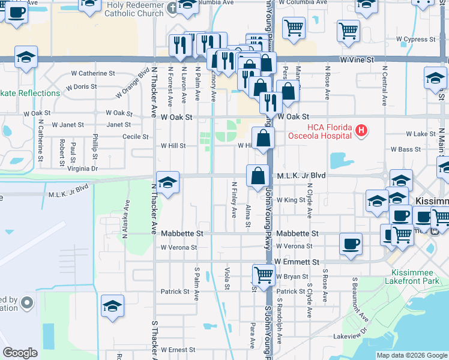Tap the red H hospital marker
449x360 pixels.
click(361, 130)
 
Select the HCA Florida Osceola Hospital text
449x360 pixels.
click(321, 130)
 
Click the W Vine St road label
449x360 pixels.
click(357, 60)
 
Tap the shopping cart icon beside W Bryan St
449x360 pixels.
click(264, 275)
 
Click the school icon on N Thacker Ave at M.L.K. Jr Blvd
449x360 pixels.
click(168, 182)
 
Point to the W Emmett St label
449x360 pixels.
click(297, 262)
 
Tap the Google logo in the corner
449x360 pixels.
click(20, 353)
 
